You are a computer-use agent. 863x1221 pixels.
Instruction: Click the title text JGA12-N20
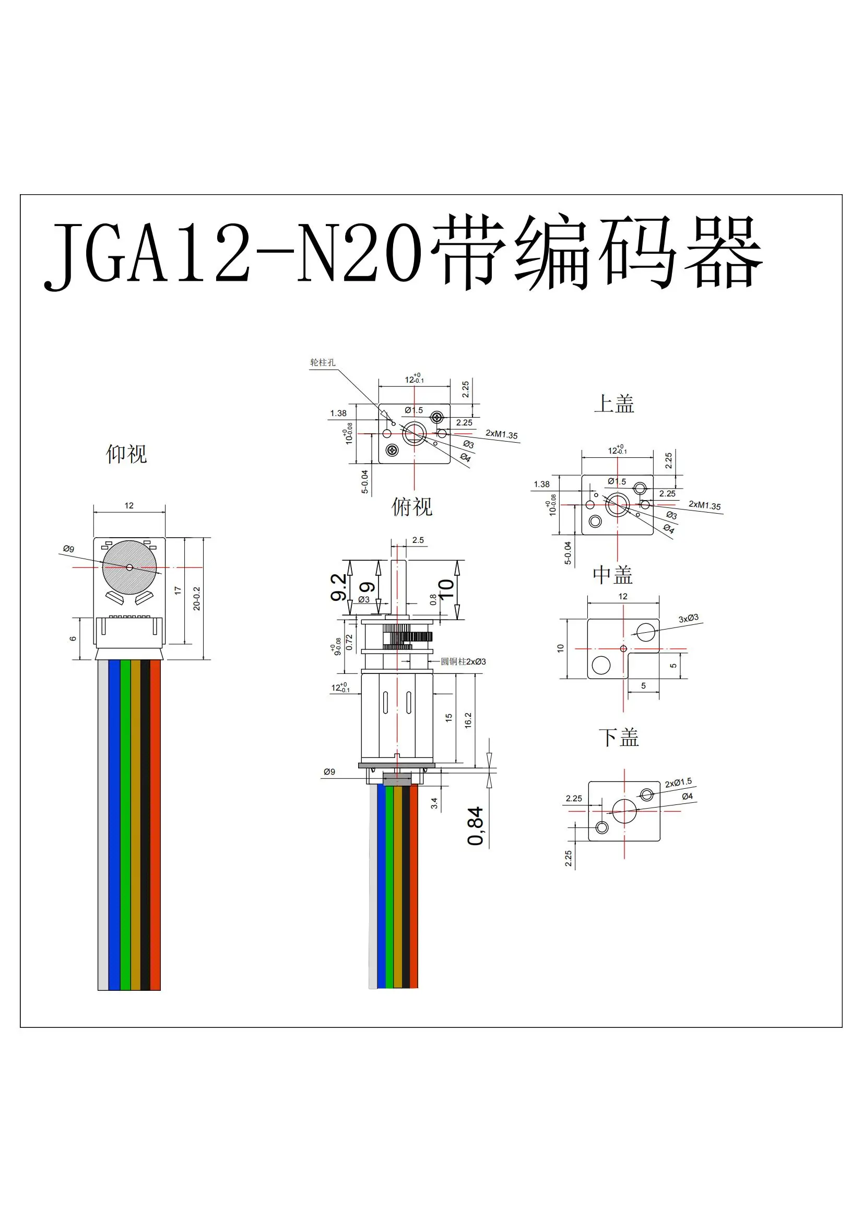pyautogui.click(x=234, y=254)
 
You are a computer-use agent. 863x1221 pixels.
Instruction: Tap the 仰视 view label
pyautogui.click(x=126, y=454)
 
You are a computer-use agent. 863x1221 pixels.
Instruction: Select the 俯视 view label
pyautogui.click(x=411, y=506)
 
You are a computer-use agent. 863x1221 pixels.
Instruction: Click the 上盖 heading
pyautogui.click(x=613, y=404)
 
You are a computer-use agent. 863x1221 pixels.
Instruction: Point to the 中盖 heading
pyautogui.click(x=612, y=575)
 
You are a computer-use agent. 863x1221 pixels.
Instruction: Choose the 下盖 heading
pyautogui.click(x=618, y=738)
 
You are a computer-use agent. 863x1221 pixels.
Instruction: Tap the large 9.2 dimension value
pyautogui.click(x=339, y=588)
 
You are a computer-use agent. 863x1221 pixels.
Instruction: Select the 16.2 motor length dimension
pyautogui.click(x=468, y=720)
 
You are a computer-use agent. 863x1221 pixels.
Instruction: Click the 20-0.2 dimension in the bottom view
pyautogui.click(x=197, y=598)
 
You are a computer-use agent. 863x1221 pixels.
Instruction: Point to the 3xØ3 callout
pyautogui.click(x=688, y=618)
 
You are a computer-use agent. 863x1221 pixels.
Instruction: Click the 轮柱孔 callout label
pyautogui.click(x=323, y=362)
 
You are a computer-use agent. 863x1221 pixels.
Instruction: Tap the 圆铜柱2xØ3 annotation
pyautogui.click(x=463, y=661)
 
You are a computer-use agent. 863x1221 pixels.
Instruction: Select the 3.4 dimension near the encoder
pyautogui.click(x=434, y=803)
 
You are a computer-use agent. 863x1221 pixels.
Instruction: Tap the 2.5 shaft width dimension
pyautogui.click(x=418, y=540)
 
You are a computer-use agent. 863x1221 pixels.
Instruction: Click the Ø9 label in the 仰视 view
pyautogui.click(x=68, y=549)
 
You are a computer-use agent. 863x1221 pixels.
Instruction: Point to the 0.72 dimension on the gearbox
pyautogui.click(x=349, y=642)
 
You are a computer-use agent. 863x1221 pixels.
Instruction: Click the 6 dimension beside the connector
pyautogui.click(x=73, y=638)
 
